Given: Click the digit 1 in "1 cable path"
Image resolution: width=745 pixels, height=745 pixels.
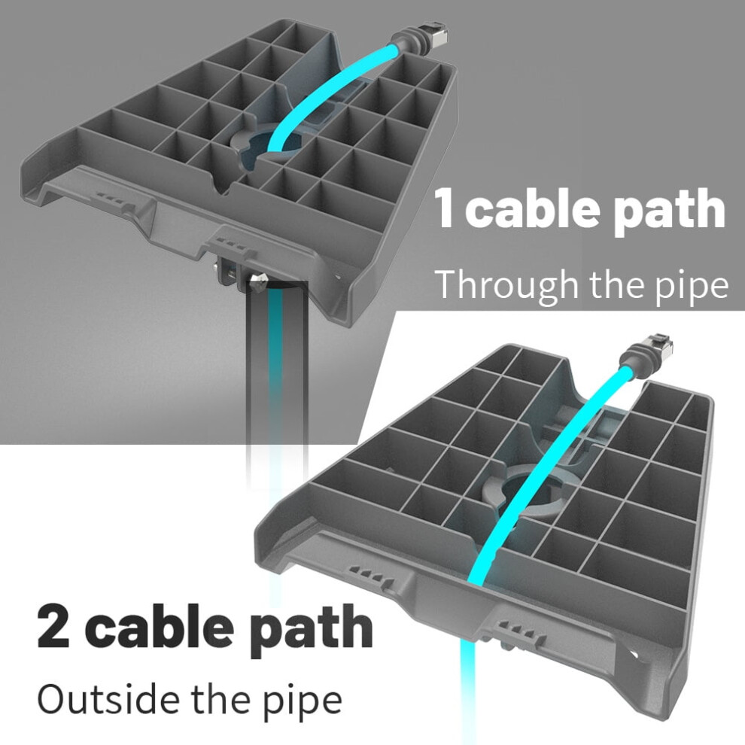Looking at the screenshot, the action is pyautogui.click(x=444, y=208).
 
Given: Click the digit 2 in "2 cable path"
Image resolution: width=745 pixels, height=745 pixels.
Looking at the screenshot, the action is pyautogui.click(x=53, y=626).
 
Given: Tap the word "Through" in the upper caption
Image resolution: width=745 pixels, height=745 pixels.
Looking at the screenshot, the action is pyautogui.click(x=507, y=285).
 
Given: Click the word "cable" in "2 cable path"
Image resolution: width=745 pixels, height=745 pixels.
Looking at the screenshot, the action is pyautogui.click(x=160, y=626).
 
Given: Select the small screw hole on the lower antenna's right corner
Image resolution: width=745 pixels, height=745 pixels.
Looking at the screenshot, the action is pyautogui.click(x=634, y=654).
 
